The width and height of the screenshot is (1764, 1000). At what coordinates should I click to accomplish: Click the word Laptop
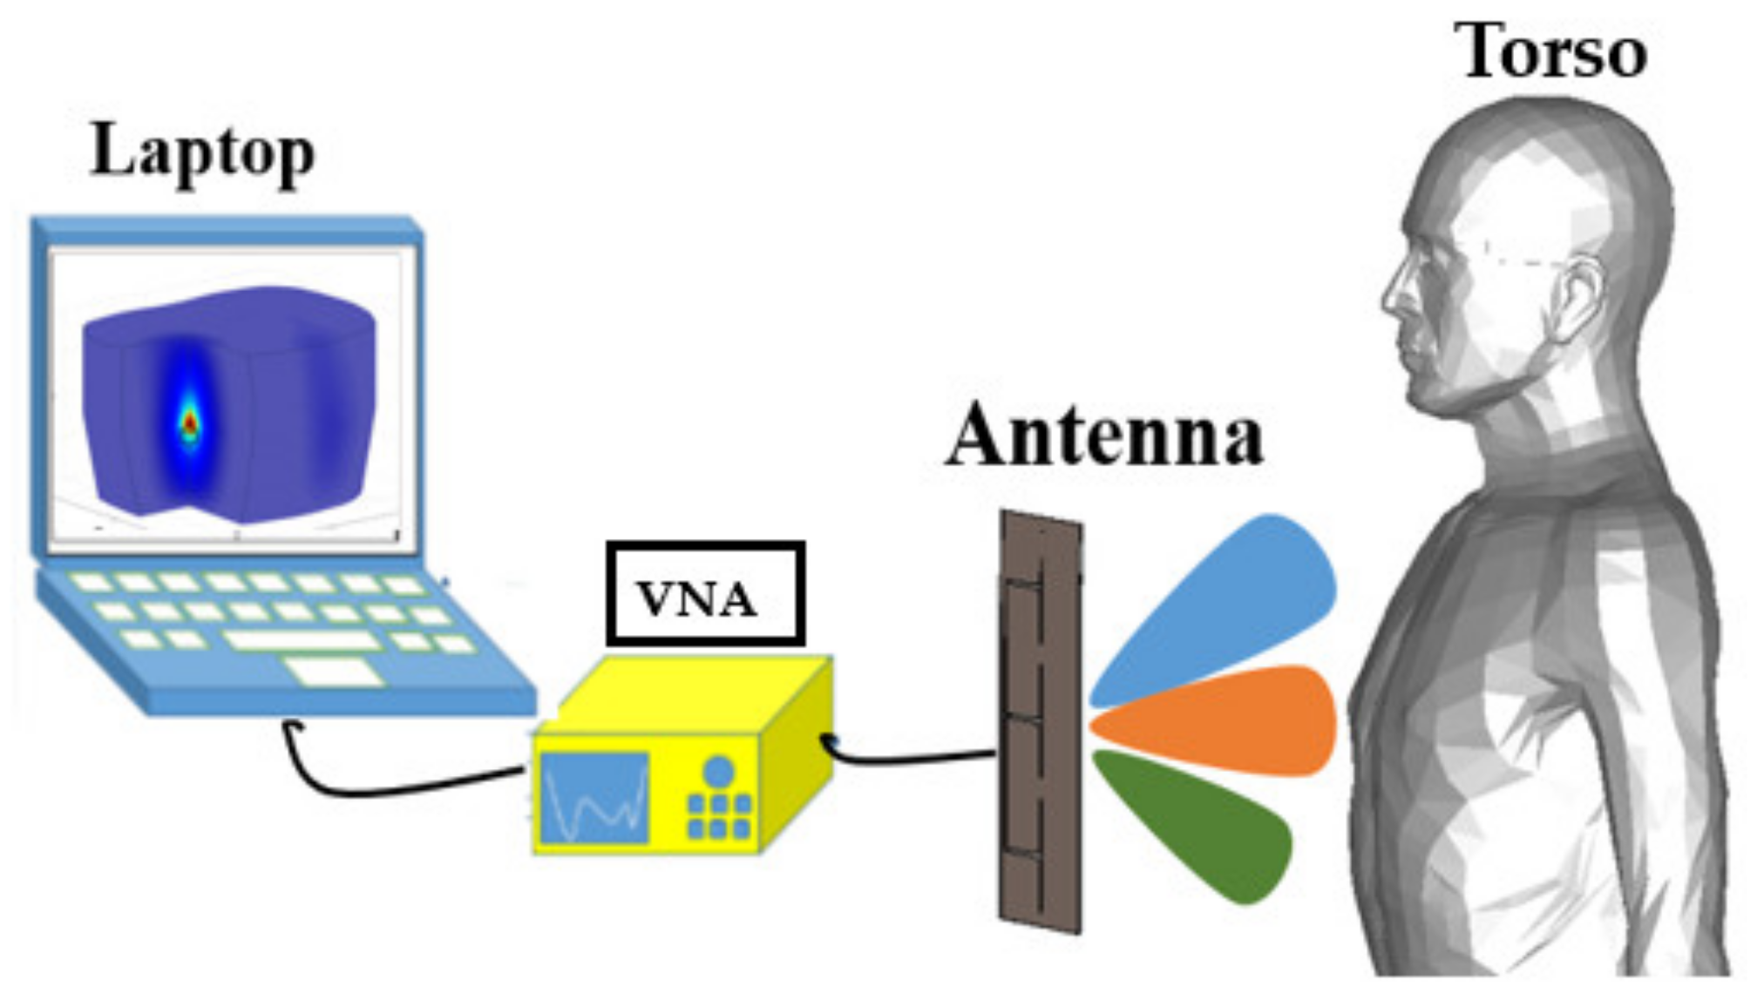point(202,153)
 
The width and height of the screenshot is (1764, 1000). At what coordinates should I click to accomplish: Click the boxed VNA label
point(705,594)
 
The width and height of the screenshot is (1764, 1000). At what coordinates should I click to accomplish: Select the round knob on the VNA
point(718,772)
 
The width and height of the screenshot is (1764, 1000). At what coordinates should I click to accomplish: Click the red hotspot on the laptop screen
point(190,422)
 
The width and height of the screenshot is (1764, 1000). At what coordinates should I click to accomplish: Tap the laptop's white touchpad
point(334,672)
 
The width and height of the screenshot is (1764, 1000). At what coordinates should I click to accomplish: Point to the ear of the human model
point(1577,296)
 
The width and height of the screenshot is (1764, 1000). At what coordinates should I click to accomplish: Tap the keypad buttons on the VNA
point(718,815)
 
